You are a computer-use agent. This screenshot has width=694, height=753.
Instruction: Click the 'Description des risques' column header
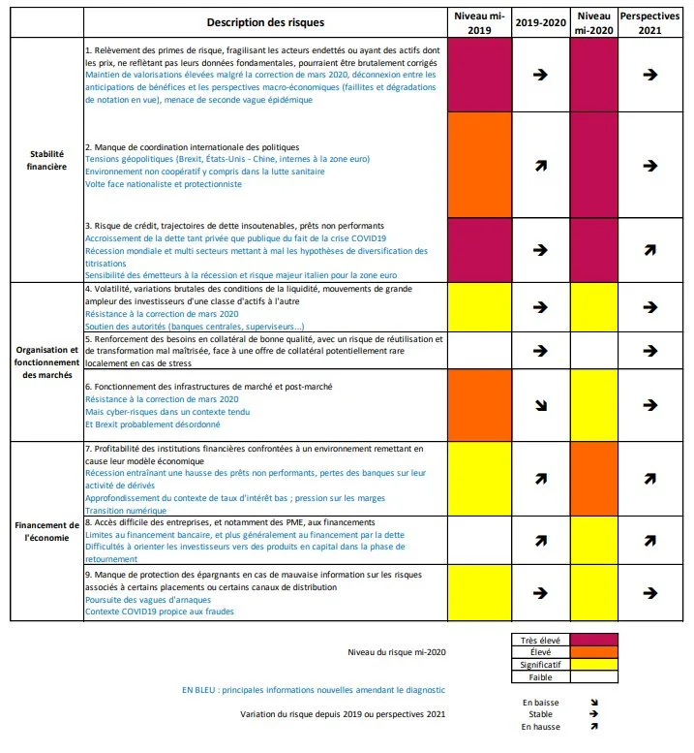pos(265,21)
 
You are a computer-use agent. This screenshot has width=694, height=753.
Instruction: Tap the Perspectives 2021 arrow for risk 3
pos(650,250)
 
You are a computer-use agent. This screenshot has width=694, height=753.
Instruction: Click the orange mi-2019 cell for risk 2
pos(479,166)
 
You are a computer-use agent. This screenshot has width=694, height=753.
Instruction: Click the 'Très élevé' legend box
pos(541,640)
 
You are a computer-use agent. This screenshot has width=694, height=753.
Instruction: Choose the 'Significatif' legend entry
pos(541,665)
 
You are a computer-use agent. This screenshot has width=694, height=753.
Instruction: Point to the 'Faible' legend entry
pos(541,677)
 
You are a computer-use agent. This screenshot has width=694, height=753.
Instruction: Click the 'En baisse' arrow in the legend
pos(593,703)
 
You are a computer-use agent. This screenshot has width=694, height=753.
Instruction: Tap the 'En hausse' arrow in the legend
pos(593,726)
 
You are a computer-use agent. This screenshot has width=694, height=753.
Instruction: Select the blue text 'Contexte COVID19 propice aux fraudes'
pos(160,612)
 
